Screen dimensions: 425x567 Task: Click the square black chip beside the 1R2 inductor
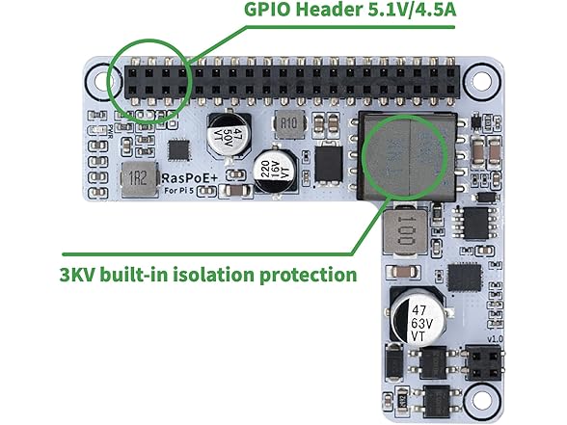[178, 149]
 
